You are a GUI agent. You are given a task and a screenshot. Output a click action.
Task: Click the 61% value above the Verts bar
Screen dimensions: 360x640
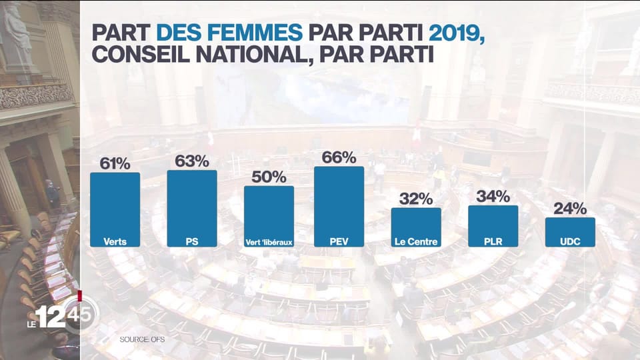point(115,163)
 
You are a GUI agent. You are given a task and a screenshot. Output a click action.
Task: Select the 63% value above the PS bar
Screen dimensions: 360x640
point(192,161)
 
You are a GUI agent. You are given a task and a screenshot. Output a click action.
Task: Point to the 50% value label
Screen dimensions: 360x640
point(269,177)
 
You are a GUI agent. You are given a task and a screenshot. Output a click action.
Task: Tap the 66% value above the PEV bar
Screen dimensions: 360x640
point(339,157)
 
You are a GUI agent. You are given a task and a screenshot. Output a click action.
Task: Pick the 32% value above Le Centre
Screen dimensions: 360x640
point(416,199)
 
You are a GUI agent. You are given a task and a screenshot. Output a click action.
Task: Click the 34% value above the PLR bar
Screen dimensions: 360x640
point(493,196)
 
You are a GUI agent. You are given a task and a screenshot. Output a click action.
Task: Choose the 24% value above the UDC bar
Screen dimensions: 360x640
point(570,208)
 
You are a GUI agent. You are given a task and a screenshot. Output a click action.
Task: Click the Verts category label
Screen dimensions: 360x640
point(115,241)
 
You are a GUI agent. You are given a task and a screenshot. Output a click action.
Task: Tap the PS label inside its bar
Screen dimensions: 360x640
point(192,241)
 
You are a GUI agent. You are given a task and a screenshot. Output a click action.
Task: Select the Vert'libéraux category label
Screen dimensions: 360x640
point(269,242)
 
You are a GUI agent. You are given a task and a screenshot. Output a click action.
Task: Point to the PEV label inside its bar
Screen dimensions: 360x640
point(339,241)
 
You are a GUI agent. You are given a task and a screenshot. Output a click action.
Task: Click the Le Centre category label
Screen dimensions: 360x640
point(416,241)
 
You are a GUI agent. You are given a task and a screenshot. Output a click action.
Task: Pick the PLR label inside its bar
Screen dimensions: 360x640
point(493,241)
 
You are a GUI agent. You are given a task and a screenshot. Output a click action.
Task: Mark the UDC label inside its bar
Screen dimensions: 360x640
point(570,241)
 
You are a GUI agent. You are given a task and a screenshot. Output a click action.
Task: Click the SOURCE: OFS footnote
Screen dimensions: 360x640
point(142,339)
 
